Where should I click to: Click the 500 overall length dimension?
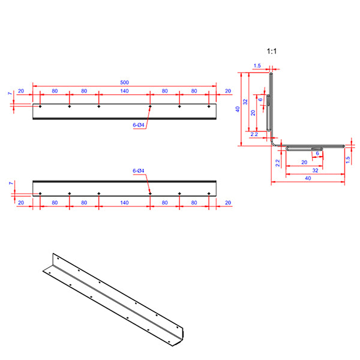pyautogui.click(x=124, y=82)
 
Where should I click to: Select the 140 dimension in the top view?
pyautogui.click(x=124, y=91)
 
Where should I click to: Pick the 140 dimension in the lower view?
pyautogui.click(x=124, y=203)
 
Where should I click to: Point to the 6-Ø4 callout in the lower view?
pyautogui.click(x=138, y=172)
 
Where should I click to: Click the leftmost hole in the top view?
pyautogui.click(x=40, y=106)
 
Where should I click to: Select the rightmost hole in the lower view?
pyautogui.click(x=209, y=193)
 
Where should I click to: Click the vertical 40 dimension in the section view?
pyautogui.click(x=238, y=109)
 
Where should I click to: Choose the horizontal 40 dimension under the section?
pyautogui.click(x=307, y=179)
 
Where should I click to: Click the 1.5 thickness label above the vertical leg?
pyautogui.click(x=257, y=66)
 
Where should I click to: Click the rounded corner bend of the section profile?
pyautogui.click(x=273, y=143)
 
